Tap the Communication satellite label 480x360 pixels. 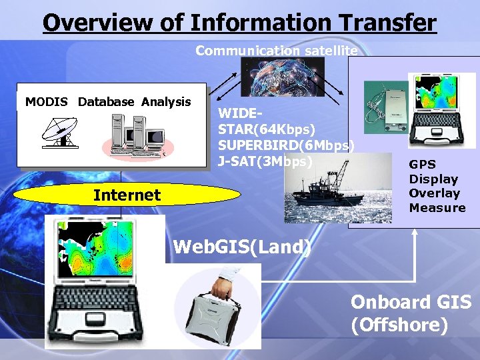tap(276, 51)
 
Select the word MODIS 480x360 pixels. tap(47, 102)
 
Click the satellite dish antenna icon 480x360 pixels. tap(61, 131)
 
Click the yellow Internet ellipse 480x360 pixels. tap(127, 195)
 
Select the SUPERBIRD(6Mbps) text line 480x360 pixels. tap(286, 145)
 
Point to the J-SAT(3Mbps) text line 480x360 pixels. tap(265, 161)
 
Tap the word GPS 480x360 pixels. tap(423, 165)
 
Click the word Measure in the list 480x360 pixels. tap(437, 208)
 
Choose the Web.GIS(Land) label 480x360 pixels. tap(241, 247)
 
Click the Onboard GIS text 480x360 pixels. tap(411, 302)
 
